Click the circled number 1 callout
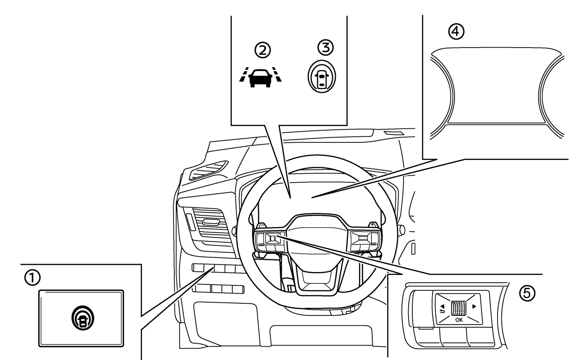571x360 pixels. click(x=32, y=278)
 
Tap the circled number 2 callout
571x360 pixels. click(x=263, y=50)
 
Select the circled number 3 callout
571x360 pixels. click(x=325, y=47)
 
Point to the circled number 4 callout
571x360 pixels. click(x=456, y=32)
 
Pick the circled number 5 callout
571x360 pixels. click(x=527, y=293)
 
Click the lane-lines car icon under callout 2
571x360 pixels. click(x=260, y=77)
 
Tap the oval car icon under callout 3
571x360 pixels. click(x=322, y=77)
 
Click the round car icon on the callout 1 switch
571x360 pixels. click(x=83, y=318)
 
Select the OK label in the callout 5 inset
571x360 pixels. click(x=459, y=320)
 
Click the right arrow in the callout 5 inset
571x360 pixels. click(x=474, y=306)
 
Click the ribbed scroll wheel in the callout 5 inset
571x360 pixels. click(x=459, y=308)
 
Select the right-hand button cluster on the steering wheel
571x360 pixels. click(x=365, y=241)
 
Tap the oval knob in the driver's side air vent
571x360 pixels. click(x=211, y=222)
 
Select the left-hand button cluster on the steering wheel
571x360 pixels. click(x=270, y=242)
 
